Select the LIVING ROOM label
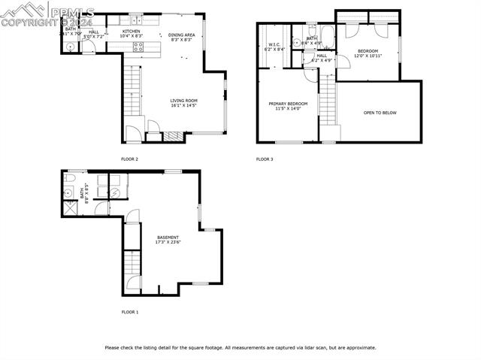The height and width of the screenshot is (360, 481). pos(183,102)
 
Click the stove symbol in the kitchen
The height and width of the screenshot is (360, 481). pos(138,46)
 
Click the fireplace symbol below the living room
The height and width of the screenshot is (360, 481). pos(173,136)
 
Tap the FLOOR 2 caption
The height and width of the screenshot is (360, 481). pos(129,159)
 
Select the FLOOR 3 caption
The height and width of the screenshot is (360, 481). pos(265,159)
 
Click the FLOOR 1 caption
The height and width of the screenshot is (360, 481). pos(129,311)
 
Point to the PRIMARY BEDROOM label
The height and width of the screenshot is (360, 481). pos(288,106)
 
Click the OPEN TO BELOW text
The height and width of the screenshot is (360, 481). pos(380,113)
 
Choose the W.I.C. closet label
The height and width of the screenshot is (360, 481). pos(275,47)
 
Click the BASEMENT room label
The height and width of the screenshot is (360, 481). pos(168,239)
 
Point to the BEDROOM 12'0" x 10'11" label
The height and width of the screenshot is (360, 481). pos(368,53)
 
